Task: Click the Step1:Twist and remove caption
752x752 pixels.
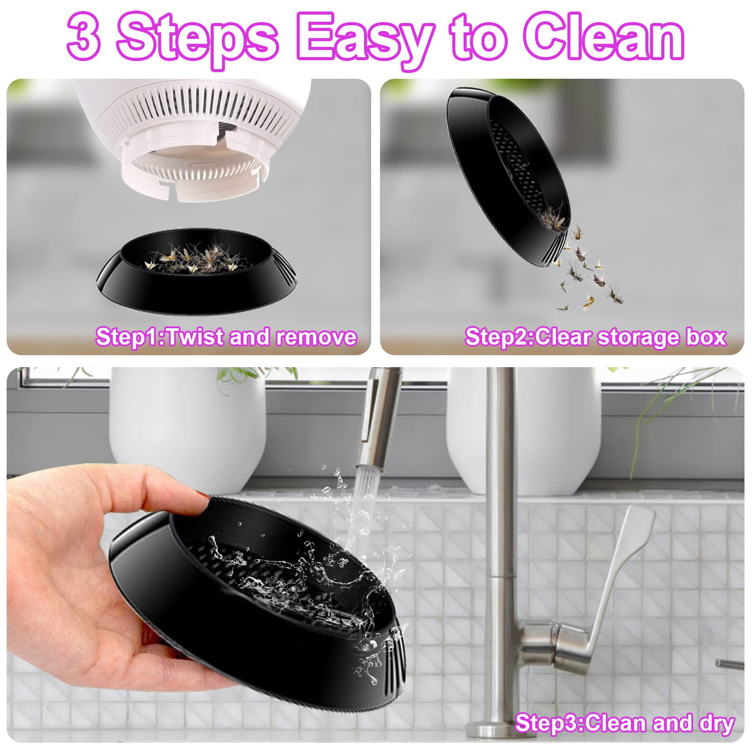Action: [x=226, y=337]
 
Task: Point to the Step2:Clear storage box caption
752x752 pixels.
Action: [x=595, y=337]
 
